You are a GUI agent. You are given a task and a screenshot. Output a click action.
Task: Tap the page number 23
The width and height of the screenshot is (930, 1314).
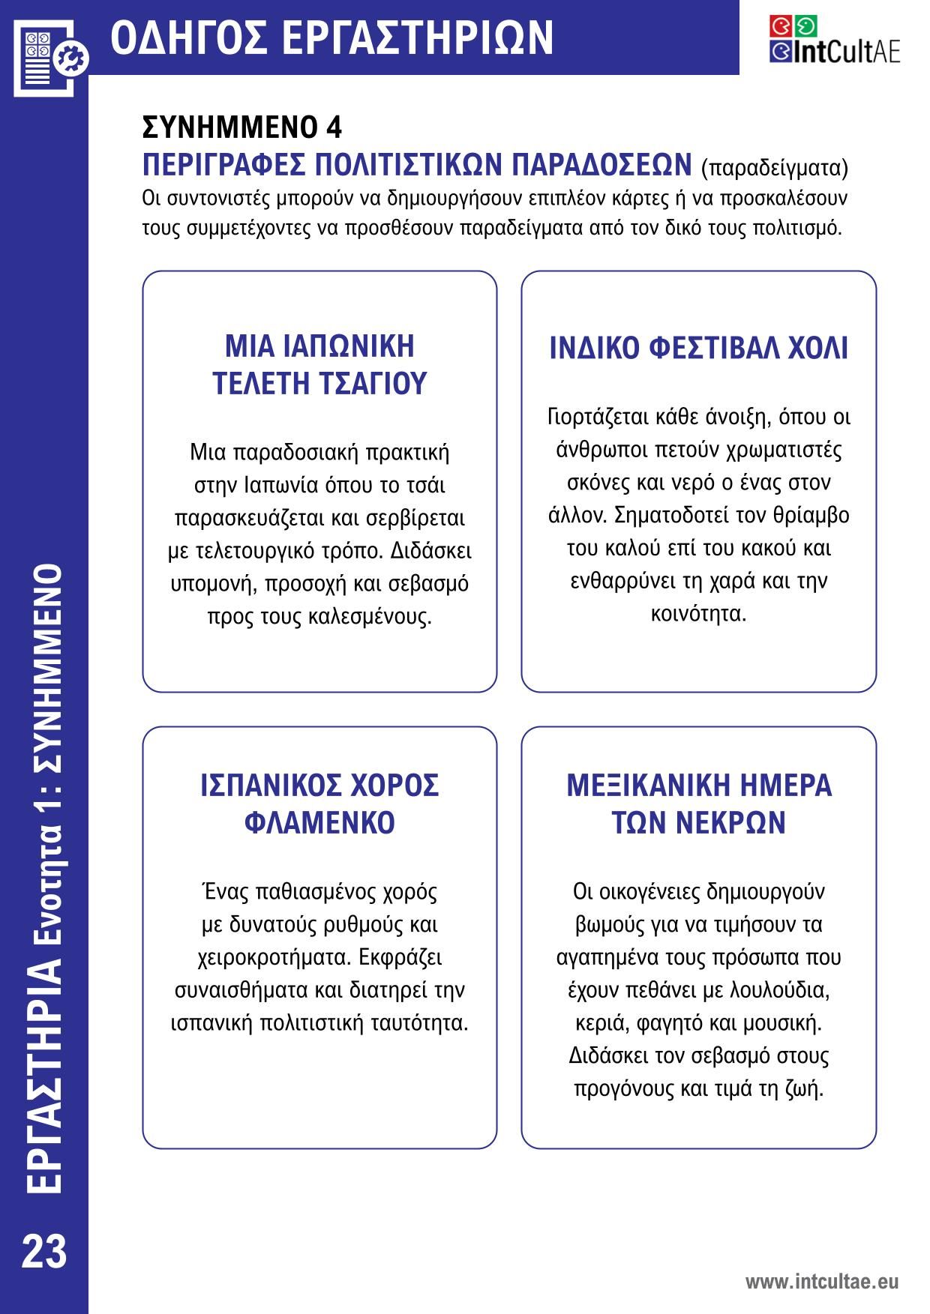pos(44,1253)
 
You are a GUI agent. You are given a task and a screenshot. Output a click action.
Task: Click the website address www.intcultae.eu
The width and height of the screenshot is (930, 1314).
pos(821,1282)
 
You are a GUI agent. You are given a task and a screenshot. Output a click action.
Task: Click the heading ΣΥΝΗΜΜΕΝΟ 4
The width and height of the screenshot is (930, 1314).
pos(241,128)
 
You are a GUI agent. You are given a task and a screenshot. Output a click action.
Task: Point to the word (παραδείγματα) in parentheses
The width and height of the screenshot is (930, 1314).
pos(774,166)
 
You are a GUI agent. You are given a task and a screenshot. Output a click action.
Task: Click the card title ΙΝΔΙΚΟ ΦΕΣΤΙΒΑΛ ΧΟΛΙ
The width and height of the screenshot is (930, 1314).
pos(698,349)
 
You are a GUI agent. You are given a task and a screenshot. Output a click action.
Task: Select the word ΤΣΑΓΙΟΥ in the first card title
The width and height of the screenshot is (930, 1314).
pos(373,383)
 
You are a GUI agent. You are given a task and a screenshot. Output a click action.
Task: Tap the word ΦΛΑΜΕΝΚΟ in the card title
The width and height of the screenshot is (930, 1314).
pos(319,822)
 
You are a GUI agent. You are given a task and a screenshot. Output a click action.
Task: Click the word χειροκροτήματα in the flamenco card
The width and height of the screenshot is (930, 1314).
pos(274,957)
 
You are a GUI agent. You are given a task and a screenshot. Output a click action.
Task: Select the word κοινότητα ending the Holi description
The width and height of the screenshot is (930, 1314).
pos(697,615)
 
